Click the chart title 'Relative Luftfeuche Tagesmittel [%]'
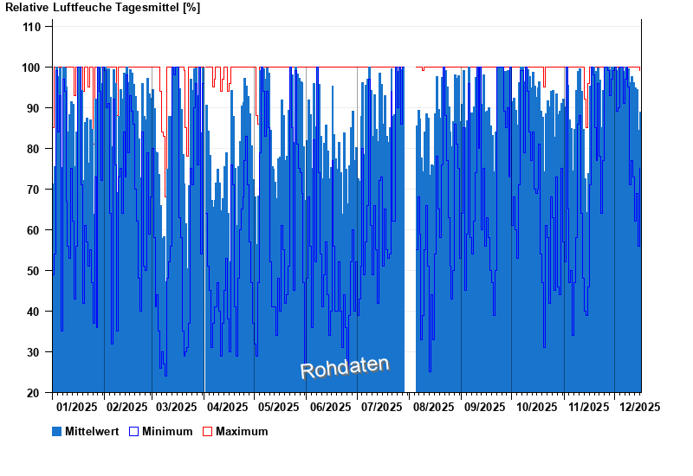tap(102, 8)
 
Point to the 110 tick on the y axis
tap(31, 27)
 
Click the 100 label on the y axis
tap(31, 68)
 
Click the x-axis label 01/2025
tap(76, 406)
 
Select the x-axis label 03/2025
tap(177, 406)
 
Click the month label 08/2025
tap(433, 406)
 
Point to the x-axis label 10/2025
tap(535, 406)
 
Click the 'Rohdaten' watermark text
tap(345, 367)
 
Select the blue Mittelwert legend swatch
tap(57, 431)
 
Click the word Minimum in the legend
tap(167, 431)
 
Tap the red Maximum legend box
tap(207, 431)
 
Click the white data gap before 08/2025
tap(410, 260)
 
